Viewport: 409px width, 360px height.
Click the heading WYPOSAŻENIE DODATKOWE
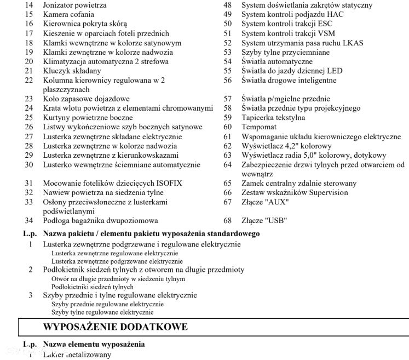[x=115, y=327]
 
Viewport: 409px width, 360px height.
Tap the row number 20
[x=29, y=61]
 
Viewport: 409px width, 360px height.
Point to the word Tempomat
[x=260, y=127]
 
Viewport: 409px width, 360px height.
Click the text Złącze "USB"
[x=264, y=221]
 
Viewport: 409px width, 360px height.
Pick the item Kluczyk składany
[x=72, y=71]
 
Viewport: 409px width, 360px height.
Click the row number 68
[x=228, y=221]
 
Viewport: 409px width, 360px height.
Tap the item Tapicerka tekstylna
[x=273, y=118]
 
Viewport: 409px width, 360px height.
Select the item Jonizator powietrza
[x=74, y=5]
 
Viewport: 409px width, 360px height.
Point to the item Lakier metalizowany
[x=77, y=355]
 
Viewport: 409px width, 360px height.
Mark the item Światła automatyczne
[x=277, y=61]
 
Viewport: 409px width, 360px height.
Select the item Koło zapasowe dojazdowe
[x=86, y=99]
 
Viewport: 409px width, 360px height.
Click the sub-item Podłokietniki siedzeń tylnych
[x=92, y=287]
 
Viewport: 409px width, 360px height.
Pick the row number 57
[x=228, y=99]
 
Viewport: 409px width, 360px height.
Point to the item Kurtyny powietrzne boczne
[x=88, y=118]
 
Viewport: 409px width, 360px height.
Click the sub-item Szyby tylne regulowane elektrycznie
[x=102, y=312]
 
